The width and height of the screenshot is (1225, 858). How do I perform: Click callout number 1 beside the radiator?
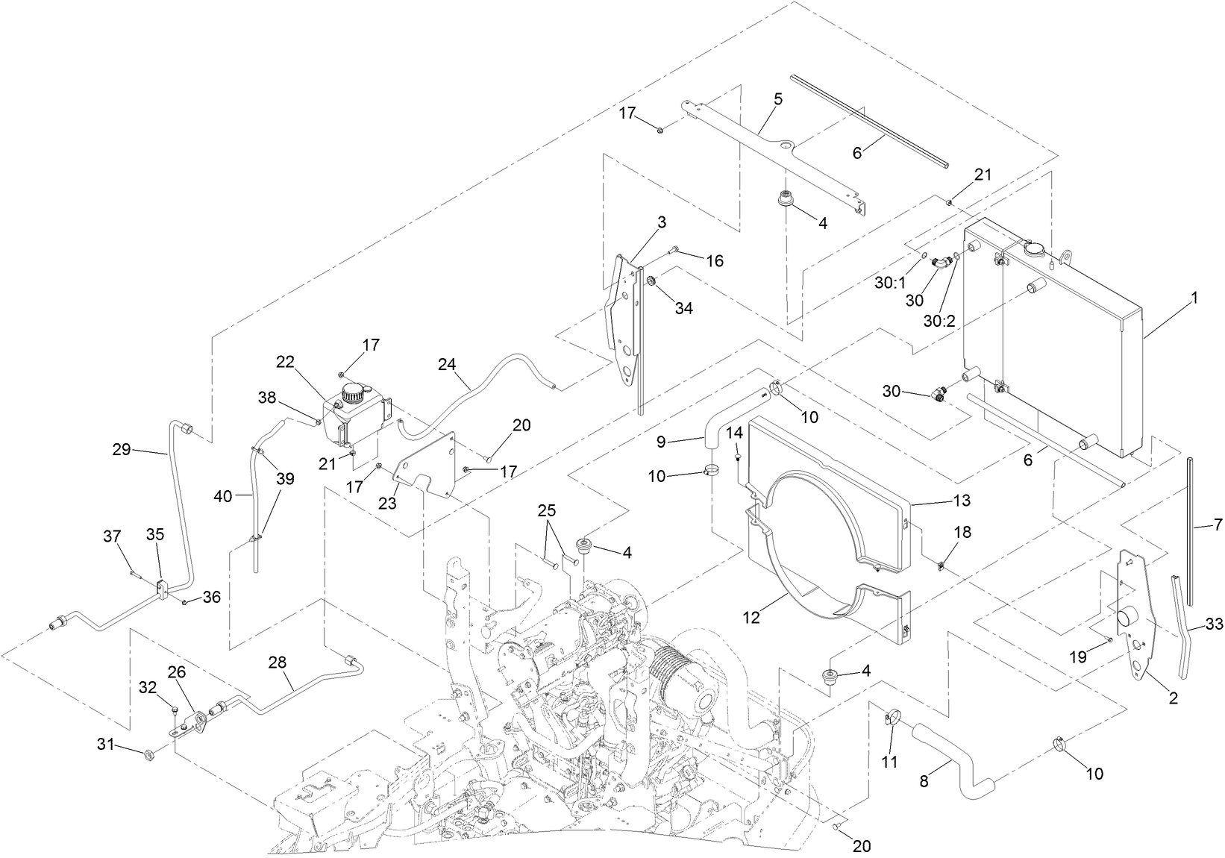pyautogui.click(x=1194, y=298)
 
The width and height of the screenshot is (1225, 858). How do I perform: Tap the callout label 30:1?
pyautogui.click(x=890, y=283)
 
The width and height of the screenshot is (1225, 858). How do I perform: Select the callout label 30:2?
pyautogui.click(x=939, y=321)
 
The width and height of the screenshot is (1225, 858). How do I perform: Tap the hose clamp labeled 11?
pyautogui.click(x=888, y=721)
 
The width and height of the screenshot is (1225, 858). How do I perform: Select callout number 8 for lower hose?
pyautogui.click(x=924, y=782)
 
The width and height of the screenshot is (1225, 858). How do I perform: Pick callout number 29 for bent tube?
pyautogui.click(x=121, y=449)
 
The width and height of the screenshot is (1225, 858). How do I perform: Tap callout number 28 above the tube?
pyautogui.click(x=278, y=663)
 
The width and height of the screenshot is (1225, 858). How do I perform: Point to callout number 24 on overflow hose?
pyautogui.click(x=447, y=364)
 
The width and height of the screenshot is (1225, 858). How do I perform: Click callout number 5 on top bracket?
pyautogui.click(x=777, y=98)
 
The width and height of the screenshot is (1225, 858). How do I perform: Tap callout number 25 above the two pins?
pyautogui.click(x=546, y=510)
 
